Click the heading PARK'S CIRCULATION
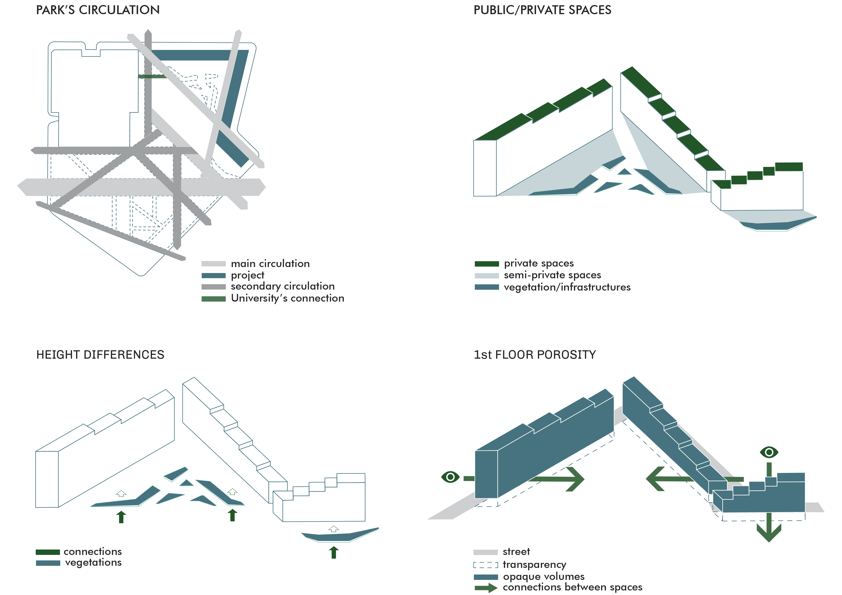97,10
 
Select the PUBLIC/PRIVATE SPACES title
542,10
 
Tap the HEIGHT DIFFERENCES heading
100,355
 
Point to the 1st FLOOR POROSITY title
535,355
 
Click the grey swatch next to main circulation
213,264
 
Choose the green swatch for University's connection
213,299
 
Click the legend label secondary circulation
282,286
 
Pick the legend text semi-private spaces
552,275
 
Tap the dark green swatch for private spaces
487,264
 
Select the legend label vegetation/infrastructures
567,287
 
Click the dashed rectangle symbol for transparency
486,565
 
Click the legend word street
516,552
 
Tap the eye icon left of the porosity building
450,477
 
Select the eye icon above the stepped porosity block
769,452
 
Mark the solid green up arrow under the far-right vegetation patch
333,552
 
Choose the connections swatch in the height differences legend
48,552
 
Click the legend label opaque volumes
543,577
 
